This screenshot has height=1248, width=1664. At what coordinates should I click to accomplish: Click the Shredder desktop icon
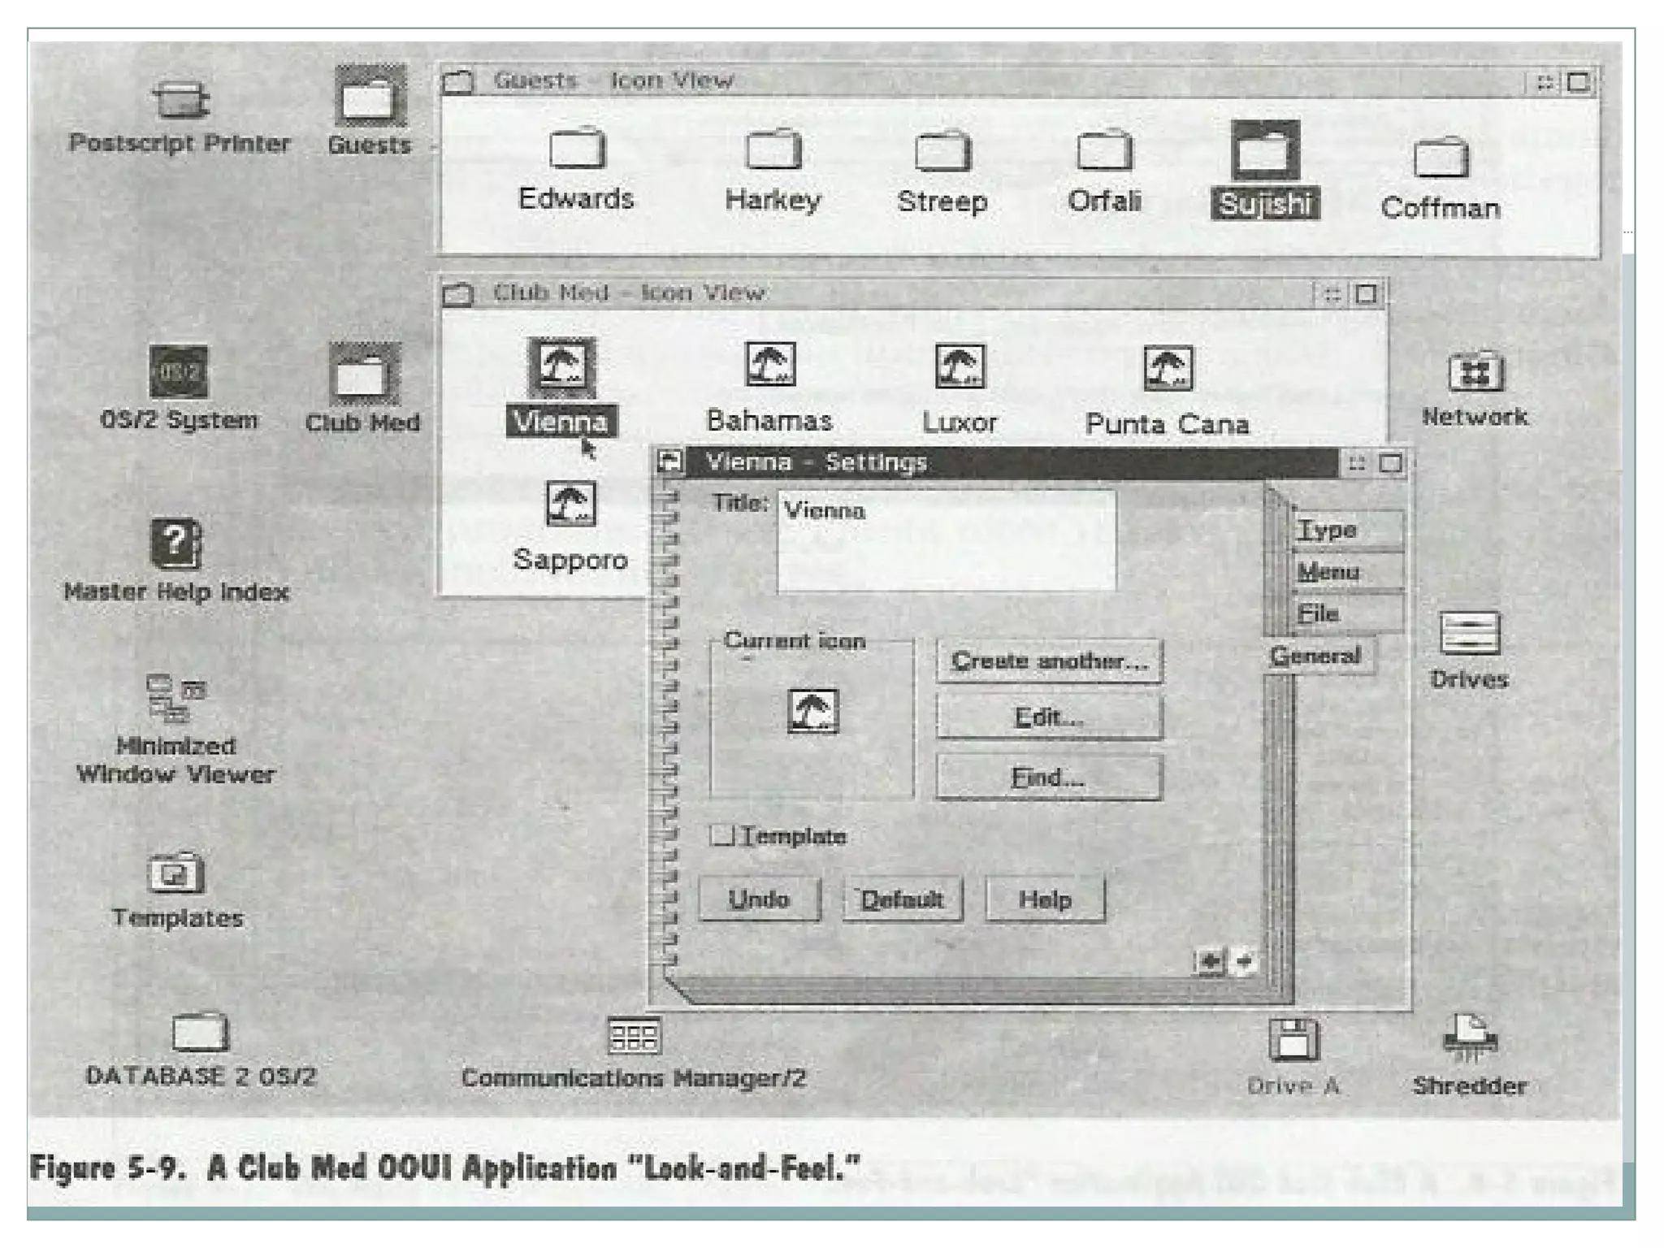pyautogui.click(x=1469, y=1039)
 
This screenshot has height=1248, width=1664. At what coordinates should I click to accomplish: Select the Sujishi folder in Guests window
pyautogui.click(x=1264, y=151)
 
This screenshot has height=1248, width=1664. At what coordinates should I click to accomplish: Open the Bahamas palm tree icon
pyautogui.click(x=769, y=365)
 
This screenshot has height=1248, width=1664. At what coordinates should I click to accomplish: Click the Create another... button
pyautogui.click(x=1048, y=661)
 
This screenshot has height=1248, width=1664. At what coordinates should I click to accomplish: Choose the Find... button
pyautogui.click(x=1048, y=778)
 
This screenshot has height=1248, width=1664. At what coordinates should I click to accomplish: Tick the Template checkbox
pyautogui.click(x=721, y=835)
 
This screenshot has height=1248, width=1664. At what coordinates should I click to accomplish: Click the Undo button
pyautogui.click(x=759, y=899)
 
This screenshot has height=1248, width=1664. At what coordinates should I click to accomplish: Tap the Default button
pyautogui.click(x=902, y=899)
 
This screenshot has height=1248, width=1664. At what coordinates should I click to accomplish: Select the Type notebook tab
pyautogui.click(x=1345, y=530)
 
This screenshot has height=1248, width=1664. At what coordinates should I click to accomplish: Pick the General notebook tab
pyautogui.click(x=1316, y=656)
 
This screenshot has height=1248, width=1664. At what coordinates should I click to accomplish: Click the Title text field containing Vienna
pyautogui.click(x=946, y=539)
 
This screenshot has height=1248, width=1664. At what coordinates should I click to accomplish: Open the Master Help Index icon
pyautogui.click(x=175, y=544)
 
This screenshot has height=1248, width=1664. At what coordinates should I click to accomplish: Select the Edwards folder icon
pyautogui.click(x=576, y=149)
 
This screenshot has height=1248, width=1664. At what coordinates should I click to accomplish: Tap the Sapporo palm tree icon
pyautogui.click(x=570, y=504)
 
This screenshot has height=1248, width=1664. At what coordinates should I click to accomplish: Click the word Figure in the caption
pyautogui.click(x=71, y=1168)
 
